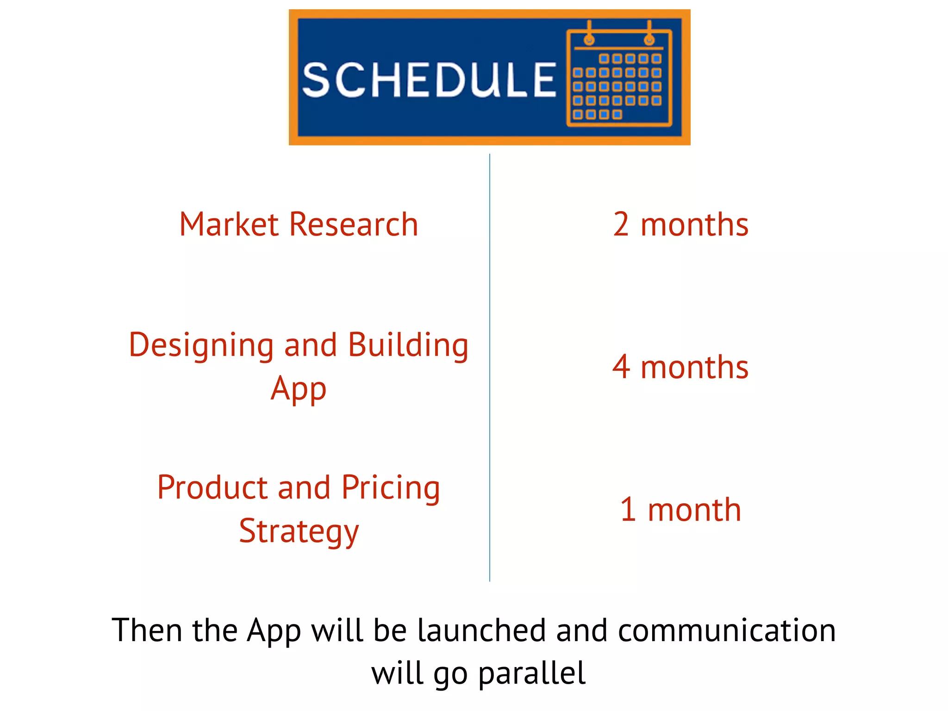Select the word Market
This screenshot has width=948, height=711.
pos(229,225)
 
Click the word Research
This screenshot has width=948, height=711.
pos(354,225)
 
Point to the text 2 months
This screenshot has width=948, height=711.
pos(680,225)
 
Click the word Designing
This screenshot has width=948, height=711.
pos(201,346)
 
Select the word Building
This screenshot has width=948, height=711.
pos(408,346)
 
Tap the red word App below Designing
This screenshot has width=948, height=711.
pos(299,389)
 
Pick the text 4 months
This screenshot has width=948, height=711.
pos(680,367)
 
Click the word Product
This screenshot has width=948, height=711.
pos(212,488)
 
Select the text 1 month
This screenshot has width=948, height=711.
pos(680,510)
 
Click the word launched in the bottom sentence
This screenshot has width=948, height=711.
pos(481,630)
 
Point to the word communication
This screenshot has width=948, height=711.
pos(727,630)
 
